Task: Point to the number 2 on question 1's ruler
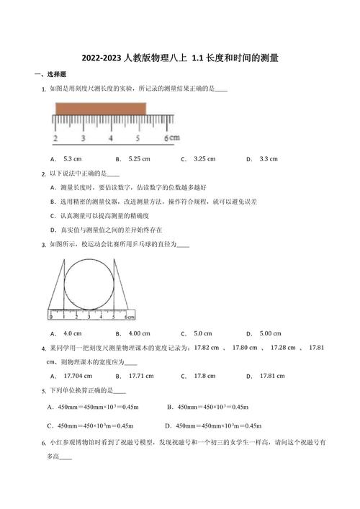[x=55, y=138]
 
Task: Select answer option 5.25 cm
[x=139, y=158]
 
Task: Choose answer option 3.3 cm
[x=268, y=158]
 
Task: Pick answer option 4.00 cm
[x=139, y=333]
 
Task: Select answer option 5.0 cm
[x=203, y=333]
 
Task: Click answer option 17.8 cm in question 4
[x=204, y=376]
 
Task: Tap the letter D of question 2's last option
[x=53, y=230]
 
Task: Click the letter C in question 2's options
[x=53, y=215]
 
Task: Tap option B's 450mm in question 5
[x=191, y=407]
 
